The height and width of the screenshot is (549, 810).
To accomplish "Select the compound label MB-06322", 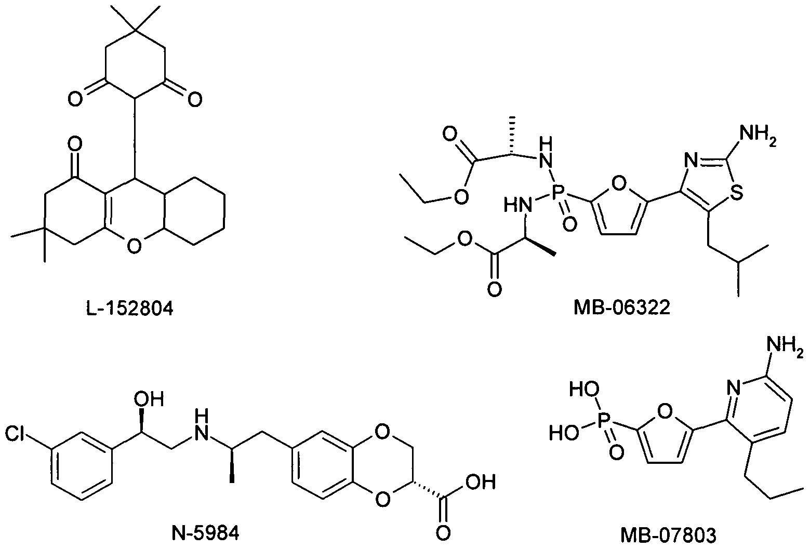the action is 622,308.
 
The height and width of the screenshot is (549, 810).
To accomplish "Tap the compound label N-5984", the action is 205,533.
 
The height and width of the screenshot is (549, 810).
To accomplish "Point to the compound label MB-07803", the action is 668,535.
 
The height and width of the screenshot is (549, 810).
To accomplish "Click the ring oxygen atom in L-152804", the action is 134,246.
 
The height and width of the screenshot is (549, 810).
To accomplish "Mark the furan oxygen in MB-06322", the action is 619,183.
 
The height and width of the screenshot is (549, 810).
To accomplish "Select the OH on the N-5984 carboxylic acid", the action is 481,482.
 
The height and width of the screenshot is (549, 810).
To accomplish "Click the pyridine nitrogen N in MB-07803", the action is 735,389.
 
